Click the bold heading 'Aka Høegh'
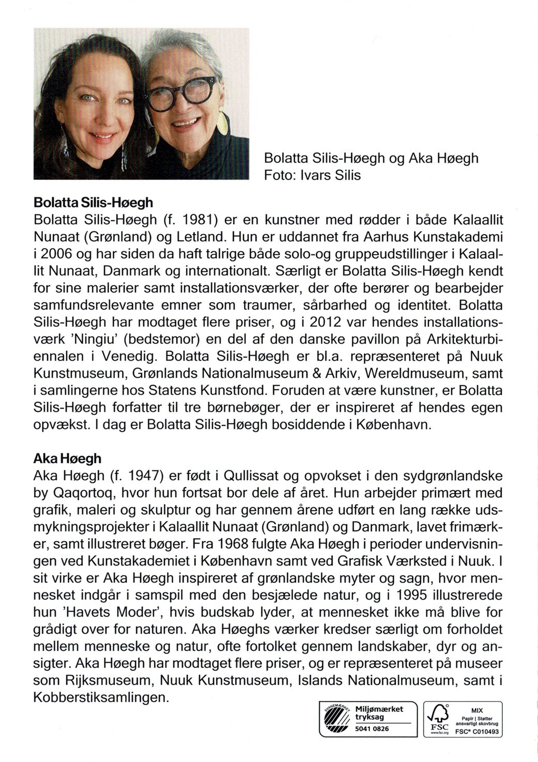tap(67, 458)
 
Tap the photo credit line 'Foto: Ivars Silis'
tap(312, 175)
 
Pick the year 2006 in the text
tap(56, 254)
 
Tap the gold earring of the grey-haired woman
tap(228, 115)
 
